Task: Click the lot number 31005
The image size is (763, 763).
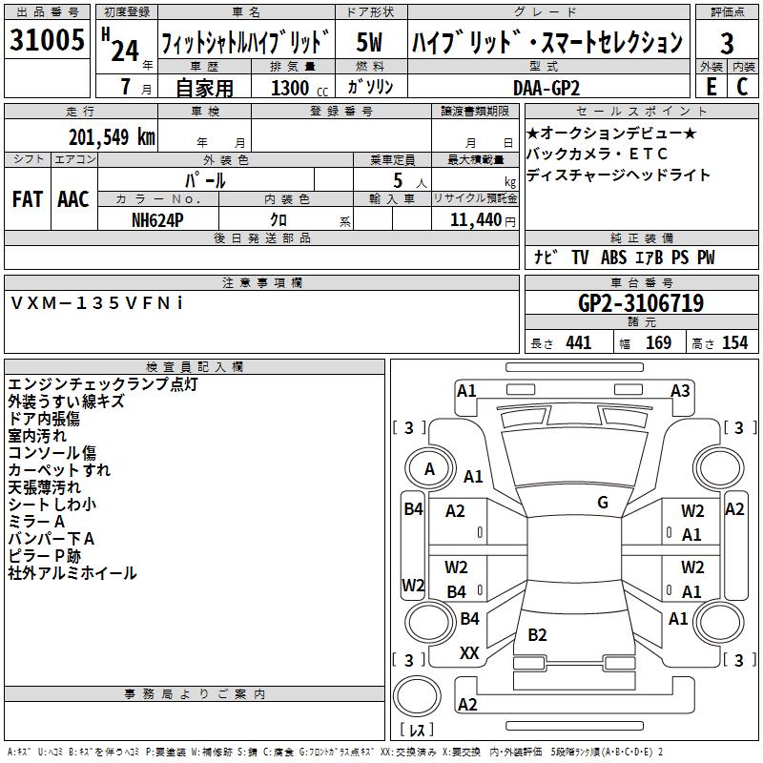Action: click(x=47, y=40)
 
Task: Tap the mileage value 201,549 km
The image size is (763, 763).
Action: click(x=112, y=136)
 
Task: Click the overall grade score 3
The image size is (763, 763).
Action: click(x=727, y=43)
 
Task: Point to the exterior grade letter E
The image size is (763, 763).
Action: click(x=711, y=86)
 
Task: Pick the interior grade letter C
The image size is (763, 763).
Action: click(x=742, y=86)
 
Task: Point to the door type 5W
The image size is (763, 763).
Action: click(x=370, y=43)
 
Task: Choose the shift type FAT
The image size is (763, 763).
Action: click(x=28, y=199)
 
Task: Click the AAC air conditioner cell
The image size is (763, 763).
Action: click(x=72, y=199)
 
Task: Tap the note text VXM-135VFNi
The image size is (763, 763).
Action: click(x=98, y=302)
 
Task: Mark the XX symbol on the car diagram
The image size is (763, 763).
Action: click(x=469, y=653)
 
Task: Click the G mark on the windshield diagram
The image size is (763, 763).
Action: click(x=603, y=502)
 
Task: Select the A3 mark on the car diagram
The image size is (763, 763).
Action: click(x=680, y=390)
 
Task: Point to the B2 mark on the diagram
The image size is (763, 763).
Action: click(x=537, y=635)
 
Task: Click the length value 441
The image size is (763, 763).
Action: click(x=578, y=342)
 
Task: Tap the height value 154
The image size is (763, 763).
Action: click(x=734, y=342)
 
